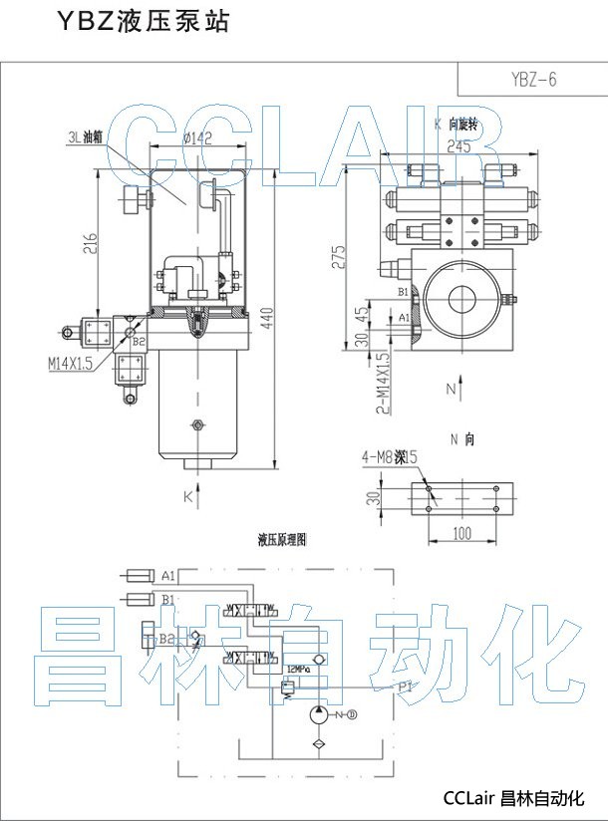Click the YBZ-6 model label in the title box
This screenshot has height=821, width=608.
[x=532, y=80]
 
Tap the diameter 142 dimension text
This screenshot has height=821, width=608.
[x=198, y=139]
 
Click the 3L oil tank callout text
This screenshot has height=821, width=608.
[x=85, y=136]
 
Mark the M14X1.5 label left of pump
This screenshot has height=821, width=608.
[x=70, y=365]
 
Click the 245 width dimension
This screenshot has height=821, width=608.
[x=458, y=146]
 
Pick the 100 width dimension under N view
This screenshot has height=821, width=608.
[x=461, y=533]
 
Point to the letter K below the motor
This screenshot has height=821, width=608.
[x=186, y=495]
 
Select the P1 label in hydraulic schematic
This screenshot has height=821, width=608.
[x=406, y=686]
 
